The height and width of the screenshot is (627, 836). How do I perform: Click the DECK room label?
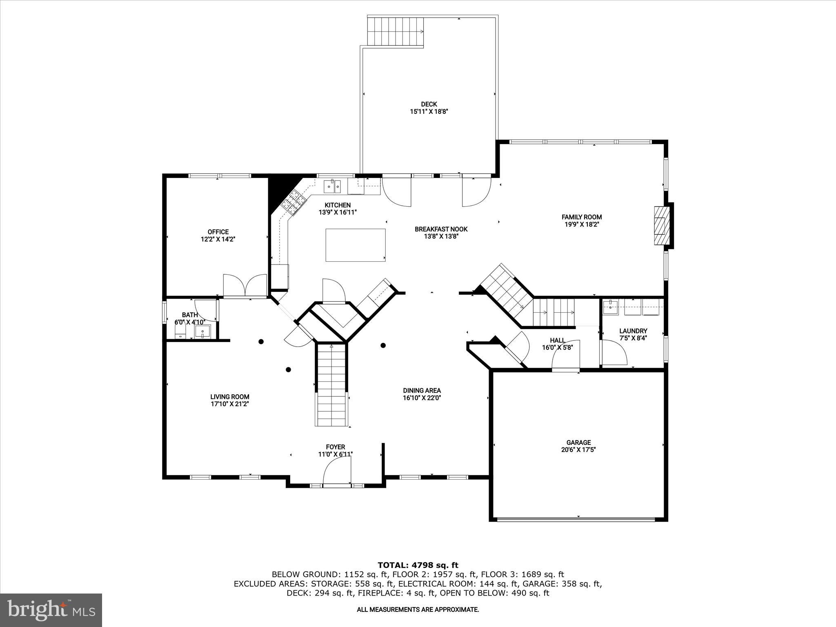click(429, 104)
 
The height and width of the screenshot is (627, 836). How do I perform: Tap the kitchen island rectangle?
click(355, 245)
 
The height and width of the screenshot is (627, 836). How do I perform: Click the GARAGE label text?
click(578, 442)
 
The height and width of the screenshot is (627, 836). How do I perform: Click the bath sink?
click(202, 331)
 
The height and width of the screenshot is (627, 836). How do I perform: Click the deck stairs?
click(395, 32)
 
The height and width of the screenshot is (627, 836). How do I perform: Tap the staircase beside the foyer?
click(331, 386)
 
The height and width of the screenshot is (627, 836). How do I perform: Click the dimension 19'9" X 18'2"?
click(581, 224)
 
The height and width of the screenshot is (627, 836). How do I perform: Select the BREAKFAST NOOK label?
click(441, 229)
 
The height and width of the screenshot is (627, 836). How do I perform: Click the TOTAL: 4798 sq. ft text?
click(418, 565)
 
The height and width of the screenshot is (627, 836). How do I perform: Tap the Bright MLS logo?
click(51, 609)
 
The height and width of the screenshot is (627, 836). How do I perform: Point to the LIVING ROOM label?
click(229, 397)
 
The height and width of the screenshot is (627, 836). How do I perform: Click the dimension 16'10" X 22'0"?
click(422, 398)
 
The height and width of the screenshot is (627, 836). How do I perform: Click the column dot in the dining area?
click(383, 345)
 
